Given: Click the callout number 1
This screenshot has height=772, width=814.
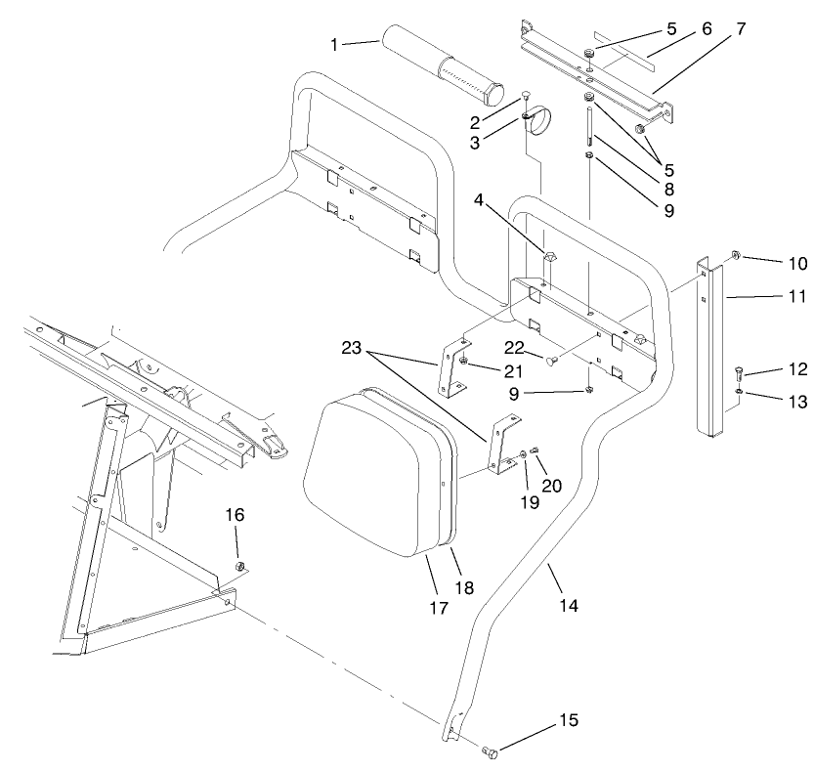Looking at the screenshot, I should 335,44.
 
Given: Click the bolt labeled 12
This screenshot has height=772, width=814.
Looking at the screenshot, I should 740,373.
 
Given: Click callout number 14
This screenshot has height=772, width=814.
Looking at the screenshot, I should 569,606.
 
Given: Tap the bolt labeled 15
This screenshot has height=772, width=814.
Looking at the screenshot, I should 491,751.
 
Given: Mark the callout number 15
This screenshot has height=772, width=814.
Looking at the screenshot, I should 568,721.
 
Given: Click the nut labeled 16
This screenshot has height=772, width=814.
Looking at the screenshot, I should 237,566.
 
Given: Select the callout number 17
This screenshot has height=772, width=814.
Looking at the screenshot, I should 437,608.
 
